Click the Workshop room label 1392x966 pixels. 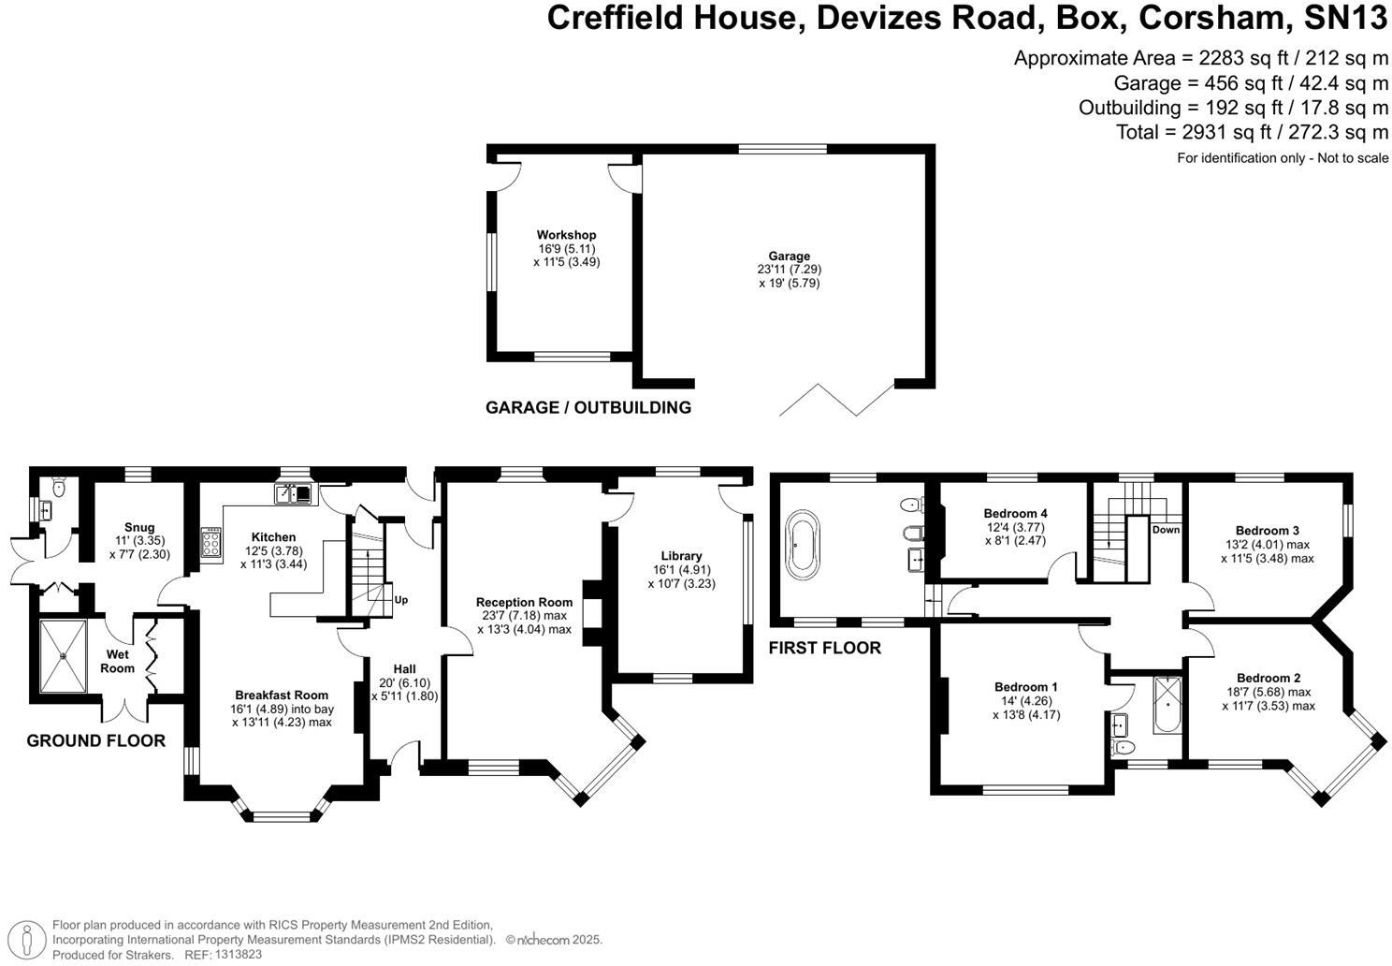(566, 235)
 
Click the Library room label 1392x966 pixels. (680, 556)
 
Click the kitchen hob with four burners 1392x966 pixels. (211, 543)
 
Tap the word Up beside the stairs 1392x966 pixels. (401, 600)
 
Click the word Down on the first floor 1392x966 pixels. (1166, 530)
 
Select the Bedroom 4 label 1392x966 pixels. (1015, 513)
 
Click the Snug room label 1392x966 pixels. (139, 527)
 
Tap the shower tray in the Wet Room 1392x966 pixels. (63, 655)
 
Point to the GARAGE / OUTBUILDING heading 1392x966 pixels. (587, 407)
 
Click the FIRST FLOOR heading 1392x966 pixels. (824, 648)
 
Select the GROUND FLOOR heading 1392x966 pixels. (95, 740)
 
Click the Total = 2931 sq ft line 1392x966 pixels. (1252, 132)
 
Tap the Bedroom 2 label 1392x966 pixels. (1268, 678)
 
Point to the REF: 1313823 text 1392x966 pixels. (223, 955)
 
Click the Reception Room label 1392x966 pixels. (523, 602)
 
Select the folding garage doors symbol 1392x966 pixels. (836, 400)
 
